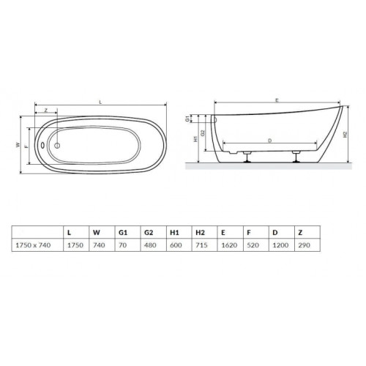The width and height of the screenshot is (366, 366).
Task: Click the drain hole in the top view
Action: (x=57, y=146)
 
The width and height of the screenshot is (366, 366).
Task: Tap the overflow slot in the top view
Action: (x=42, y=145)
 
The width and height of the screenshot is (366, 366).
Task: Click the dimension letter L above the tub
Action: (x=100, y=102)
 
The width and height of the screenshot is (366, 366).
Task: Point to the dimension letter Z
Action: (x=46, y=111)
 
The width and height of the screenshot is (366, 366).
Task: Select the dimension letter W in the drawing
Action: (x=18, y=145)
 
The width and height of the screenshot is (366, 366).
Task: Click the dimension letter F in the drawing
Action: (x=26, y=146)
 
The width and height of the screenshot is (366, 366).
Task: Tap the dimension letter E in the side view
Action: (x=277, y=100)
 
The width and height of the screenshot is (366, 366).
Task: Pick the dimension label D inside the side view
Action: (x=269, y=141)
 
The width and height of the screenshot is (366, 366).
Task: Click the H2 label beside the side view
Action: (x=345, y=135)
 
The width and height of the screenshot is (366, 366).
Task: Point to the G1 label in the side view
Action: (x=187, y=119)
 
